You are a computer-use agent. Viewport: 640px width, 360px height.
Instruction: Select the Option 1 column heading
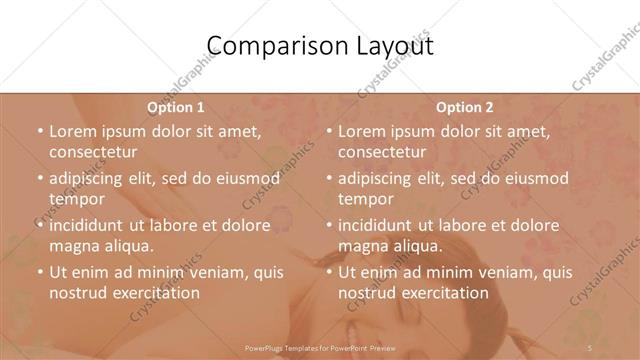[x=175, y=107]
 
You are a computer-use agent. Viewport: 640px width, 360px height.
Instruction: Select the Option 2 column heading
[x=465, y=107]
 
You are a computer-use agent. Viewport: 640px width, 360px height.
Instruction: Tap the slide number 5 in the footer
[x=590, y=347]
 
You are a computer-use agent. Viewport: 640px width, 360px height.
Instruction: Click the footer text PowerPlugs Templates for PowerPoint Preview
[x=320, y=347]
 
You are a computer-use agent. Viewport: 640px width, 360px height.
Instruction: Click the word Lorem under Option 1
[x=73, y=131]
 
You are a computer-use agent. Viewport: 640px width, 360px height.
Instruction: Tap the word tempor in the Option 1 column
[x=77, y=199]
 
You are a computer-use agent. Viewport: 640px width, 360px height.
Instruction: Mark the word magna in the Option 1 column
[x=72, y=246]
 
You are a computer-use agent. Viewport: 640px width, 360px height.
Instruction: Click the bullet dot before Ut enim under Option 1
[x=39, y=272]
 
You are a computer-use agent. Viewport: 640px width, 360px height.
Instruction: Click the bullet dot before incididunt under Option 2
[x=328, y=225]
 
